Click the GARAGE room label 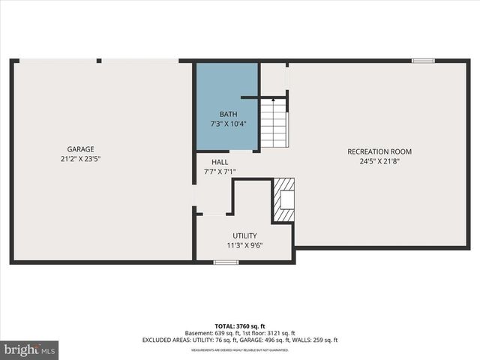pos(80,149)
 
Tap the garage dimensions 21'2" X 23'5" pos(80,159)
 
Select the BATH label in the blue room pos(228,114)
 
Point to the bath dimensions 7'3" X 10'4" pos(228,124)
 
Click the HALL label pos(220,162)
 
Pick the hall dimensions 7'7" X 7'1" pos(220,172)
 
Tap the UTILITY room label pos(244,235)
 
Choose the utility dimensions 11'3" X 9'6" pos(244,245)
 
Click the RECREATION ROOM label pos(379,151)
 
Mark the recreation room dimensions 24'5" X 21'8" pos(379,161)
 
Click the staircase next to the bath pos(274,124)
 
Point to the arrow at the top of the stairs pos(273,99)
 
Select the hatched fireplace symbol pos(283,200)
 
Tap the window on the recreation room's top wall pos(423,61)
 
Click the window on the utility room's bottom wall pos(226,262)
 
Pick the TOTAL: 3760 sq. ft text pos(240,326)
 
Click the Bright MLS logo pos(29,350)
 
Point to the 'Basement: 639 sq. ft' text pos(211,333)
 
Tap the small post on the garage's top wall pos(99,61)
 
